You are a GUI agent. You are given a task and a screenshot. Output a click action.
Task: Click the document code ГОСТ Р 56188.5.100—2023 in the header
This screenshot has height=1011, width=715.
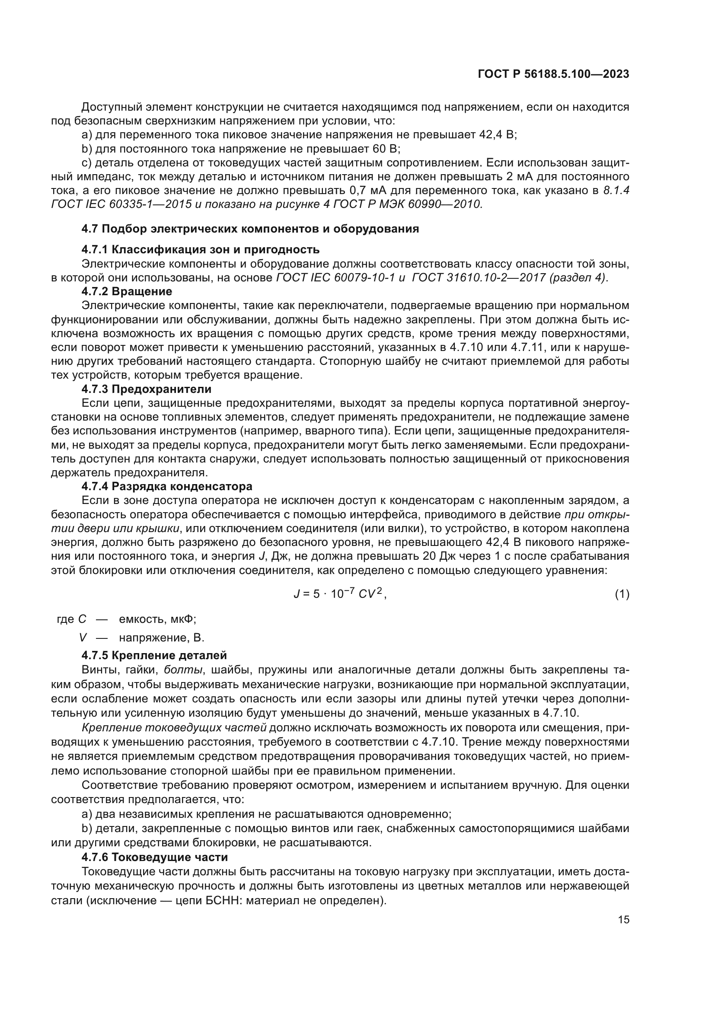(553, 74)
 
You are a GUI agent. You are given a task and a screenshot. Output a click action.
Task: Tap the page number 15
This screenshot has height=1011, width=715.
(623, 920)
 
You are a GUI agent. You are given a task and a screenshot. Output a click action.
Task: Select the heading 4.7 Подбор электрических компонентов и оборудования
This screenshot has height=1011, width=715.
(250, 229)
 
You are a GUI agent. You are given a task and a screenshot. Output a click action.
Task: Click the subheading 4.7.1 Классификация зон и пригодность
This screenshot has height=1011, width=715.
(200, 250)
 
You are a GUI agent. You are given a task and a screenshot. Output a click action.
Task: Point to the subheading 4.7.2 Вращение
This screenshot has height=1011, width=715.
(127, 291)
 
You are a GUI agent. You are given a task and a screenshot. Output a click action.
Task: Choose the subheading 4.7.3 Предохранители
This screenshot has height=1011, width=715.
(147, 389)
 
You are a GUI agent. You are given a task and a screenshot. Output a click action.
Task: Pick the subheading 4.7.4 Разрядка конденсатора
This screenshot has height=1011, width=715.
(167, 487)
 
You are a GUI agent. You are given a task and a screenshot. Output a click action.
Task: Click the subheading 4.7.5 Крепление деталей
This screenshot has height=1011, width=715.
(154, 655)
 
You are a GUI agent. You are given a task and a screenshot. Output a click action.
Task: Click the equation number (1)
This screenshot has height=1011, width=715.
(622, 594)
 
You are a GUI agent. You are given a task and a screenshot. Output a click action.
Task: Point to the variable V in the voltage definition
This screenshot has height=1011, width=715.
(83, 638)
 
